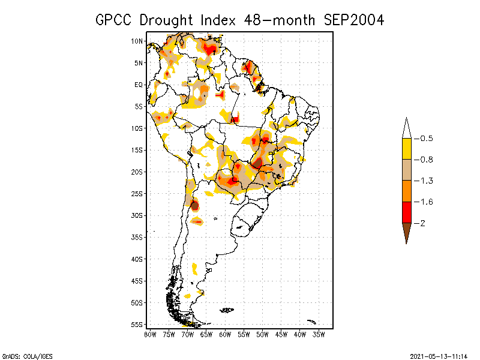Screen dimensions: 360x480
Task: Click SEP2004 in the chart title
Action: tap(353, 20)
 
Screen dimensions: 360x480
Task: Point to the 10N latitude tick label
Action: tap(137, 41)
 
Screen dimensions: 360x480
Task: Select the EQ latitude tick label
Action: tap(139, 85)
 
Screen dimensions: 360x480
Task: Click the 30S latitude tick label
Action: tap(137, 215)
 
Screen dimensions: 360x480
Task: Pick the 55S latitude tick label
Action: tap(137, 324)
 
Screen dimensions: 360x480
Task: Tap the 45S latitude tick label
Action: tap(137, 281)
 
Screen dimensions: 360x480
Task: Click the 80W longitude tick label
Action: tap(150, 334)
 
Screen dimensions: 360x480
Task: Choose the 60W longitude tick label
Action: tap(225, 334)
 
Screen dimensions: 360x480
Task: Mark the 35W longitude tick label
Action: tap(319, 334)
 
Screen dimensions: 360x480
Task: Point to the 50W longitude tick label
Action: tap(262, 334)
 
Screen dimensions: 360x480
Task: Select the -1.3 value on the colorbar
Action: tap(424, 181)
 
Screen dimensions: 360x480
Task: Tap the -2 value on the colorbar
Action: tap(421, 223)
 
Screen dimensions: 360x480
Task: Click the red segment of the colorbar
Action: tap(406, 212)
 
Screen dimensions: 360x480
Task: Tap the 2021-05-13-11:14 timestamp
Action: tap(438, 355)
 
